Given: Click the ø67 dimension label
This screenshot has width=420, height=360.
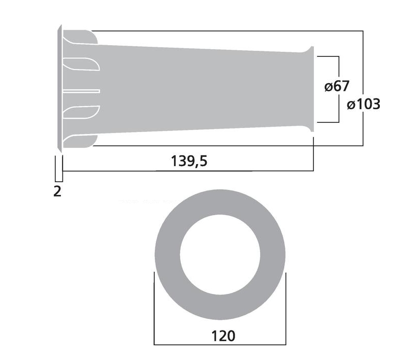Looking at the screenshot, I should pos(336,86).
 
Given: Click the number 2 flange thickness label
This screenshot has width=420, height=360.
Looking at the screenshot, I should pos(57,191).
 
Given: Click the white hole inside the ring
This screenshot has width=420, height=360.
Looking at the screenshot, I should pos(220,253).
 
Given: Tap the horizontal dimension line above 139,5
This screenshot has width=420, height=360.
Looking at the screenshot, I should pos(188,171).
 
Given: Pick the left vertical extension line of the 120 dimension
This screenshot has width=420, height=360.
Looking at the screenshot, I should pos(154,310).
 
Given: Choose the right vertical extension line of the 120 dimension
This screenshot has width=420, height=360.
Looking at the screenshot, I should pos(286,310).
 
